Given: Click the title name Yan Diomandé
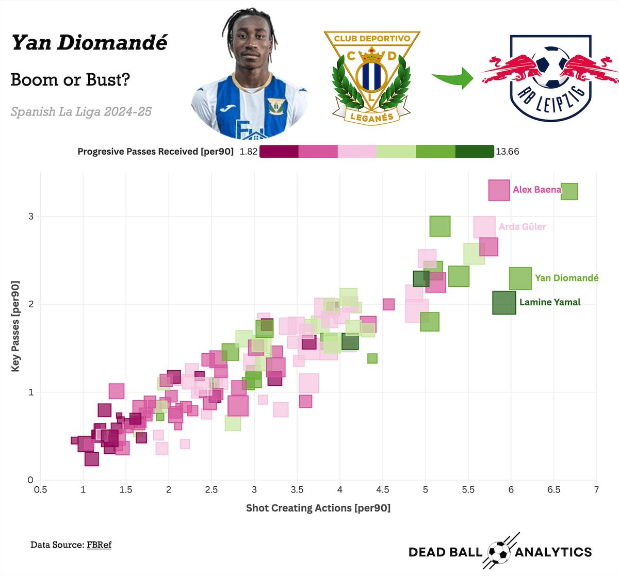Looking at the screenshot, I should point(89,43).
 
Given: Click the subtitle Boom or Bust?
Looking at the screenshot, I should point(70,80).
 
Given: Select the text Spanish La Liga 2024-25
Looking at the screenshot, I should point(81,111).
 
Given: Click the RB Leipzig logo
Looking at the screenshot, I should point(550,77).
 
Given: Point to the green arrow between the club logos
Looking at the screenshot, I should point(452,77).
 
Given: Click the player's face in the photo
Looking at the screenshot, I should point(250,49).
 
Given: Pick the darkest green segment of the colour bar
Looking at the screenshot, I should point(475,152).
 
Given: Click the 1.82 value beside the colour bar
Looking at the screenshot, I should point(248,152).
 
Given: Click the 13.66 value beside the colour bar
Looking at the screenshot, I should point(507,152).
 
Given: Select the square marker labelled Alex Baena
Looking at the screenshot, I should point(499,190).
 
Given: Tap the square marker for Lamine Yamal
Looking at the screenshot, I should point(504,303).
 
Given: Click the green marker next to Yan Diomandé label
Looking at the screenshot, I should point(520,278).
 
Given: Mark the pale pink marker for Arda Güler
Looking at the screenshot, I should point(484,227).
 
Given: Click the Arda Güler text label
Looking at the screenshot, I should point(522,226).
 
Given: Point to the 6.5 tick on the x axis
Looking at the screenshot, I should point(553,489).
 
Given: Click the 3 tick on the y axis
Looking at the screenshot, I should point(31,216).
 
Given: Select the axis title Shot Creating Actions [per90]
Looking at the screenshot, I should point(318,508).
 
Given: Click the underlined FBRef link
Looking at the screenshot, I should point(99,545).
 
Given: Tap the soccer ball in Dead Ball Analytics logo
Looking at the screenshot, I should point(498,552).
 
